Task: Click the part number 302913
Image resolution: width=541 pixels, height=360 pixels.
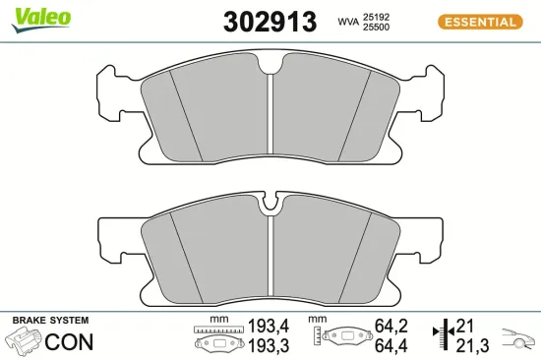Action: pyautogui.click(x=270, y=21)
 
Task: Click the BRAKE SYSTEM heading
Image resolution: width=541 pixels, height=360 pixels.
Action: pyautogui.click(x=49, y=321)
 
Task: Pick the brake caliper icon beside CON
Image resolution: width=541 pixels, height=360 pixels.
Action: pyautogui.click(x=26, y=341)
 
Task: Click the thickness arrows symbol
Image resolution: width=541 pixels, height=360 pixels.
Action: pyautogui.click(x=449, y=333)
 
